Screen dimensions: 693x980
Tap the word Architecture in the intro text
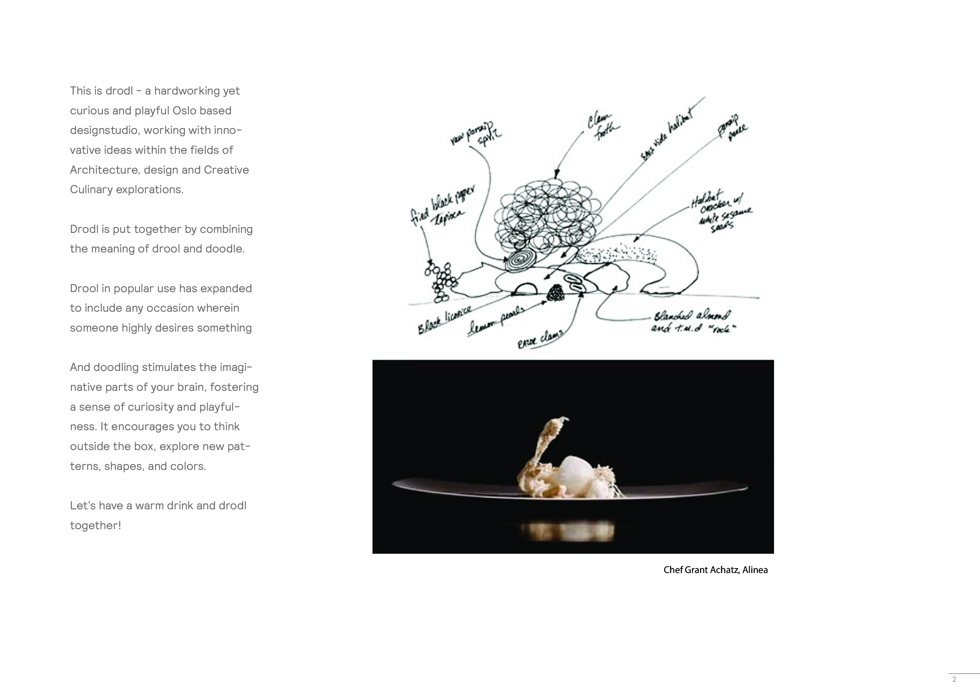click(105, 170)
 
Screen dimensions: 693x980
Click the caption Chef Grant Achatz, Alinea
click(715, 570)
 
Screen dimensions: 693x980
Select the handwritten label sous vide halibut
click(667, 132)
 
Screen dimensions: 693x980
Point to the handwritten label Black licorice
click(444, 320)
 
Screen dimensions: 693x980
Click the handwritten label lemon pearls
click(495, 321)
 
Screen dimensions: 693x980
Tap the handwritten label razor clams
click(540, 339)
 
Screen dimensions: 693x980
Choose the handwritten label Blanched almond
click(691, 316)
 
